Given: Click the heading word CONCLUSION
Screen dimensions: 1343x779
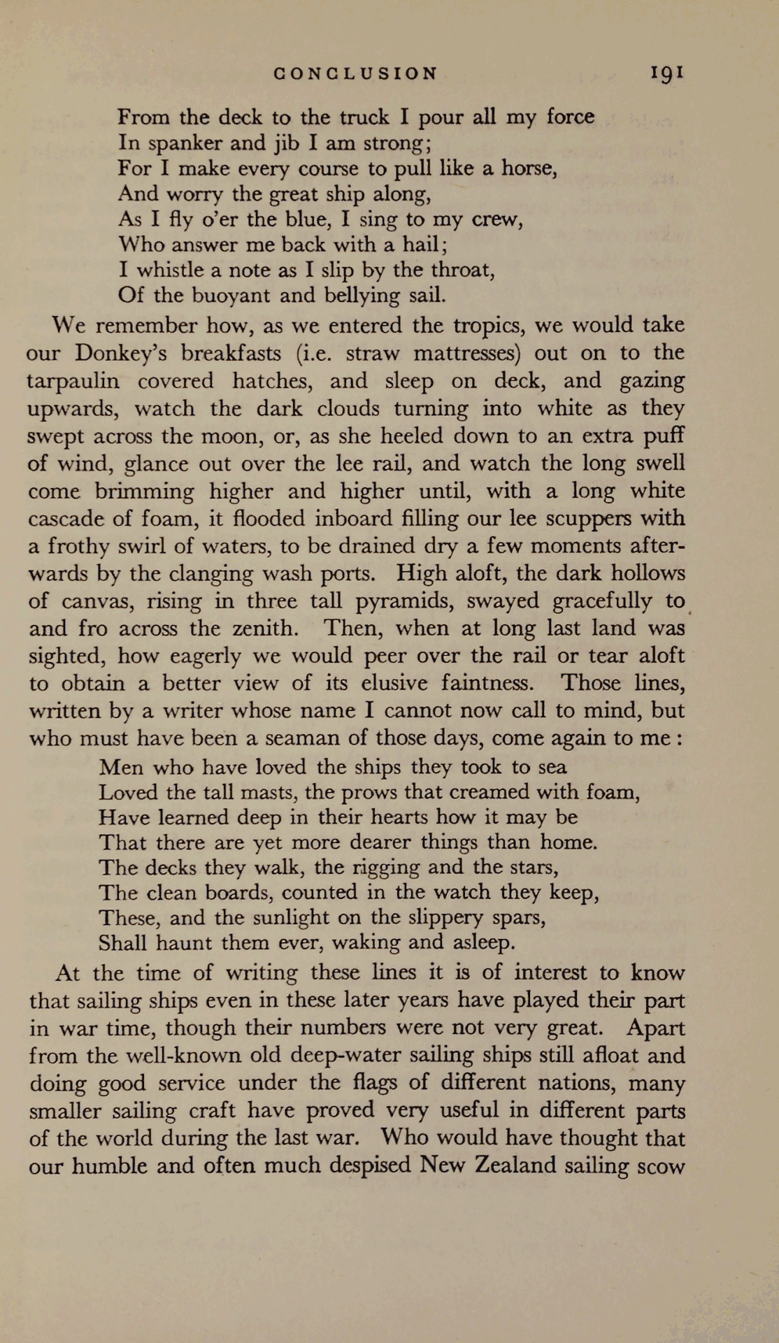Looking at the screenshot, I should pos(356,74).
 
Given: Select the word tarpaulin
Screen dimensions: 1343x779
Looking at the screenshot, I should pos(73,381).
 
